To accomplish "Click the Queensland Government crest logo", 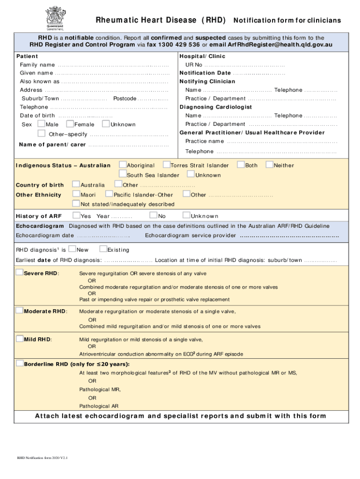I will click(55, 16).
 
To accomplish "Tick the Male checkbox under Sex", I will click(41, 124).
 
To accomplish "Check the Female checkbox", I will click(70, 124).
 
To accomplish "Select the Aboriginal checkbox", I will click(122, 165).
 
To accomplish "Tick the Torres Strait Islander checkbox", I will click(166, 165).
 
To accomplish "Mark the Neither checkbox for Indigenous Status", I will click(269, 165).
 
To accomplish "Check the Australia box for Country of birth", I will click(76, 184).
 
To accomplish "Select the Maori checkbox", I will click(76, 194).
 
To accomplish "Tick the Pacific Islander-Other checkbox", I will click(109, 194).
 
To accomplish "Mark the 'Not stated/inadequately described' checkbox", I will click(76, 203).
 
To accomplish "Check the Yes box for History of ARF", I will click(76, 216).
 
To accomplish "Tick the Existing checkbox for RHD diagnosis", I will click(104, 249).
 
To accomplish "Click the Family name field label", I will click(37, 65).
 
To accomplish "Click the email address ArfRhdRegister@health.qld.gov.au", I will click(281, 45).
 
